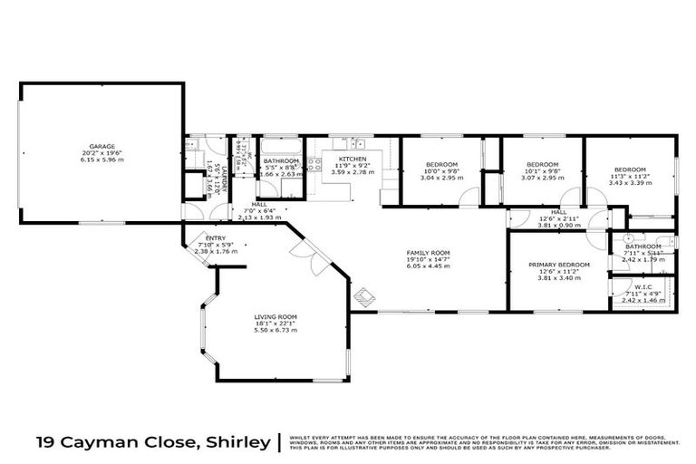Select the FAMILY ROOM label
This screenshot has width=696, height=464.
click(x=429, y=254)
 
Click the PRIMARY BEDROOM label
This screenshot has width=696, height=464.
click(x=559, y=265)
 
